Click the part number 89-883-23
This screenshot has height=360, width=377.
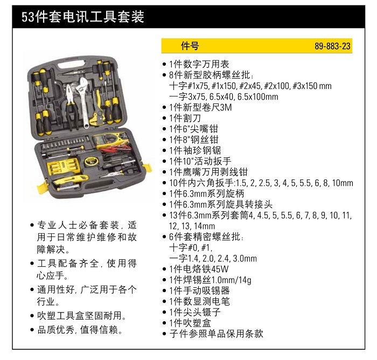pos(332,46)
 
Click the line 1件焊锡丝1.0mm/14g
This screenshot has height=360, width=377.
pos(210,280)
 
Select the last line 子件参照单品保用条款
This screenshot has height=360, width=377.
pos(215,334)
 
